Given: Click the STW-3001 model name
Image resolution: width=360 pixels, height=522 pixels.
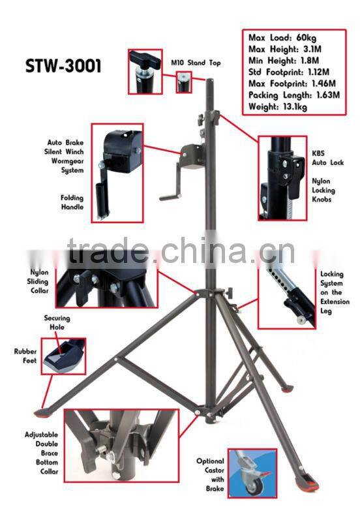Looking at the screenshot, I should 63,67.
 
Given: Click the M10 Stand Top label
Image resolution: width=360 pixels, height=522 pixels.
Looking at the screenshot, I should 196,63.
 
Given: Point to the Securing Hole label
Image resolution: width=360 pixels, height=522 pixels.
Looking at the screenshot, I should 57,322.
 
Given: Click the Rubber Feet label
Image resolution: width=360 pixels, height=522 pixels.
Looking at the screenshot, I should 25,356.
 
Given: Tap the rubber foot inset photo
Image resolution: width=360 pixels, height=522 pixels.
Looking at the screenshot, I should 63,356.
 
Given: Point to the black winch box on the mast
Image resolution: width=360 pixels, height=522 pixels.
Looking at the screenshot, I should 192,157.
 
